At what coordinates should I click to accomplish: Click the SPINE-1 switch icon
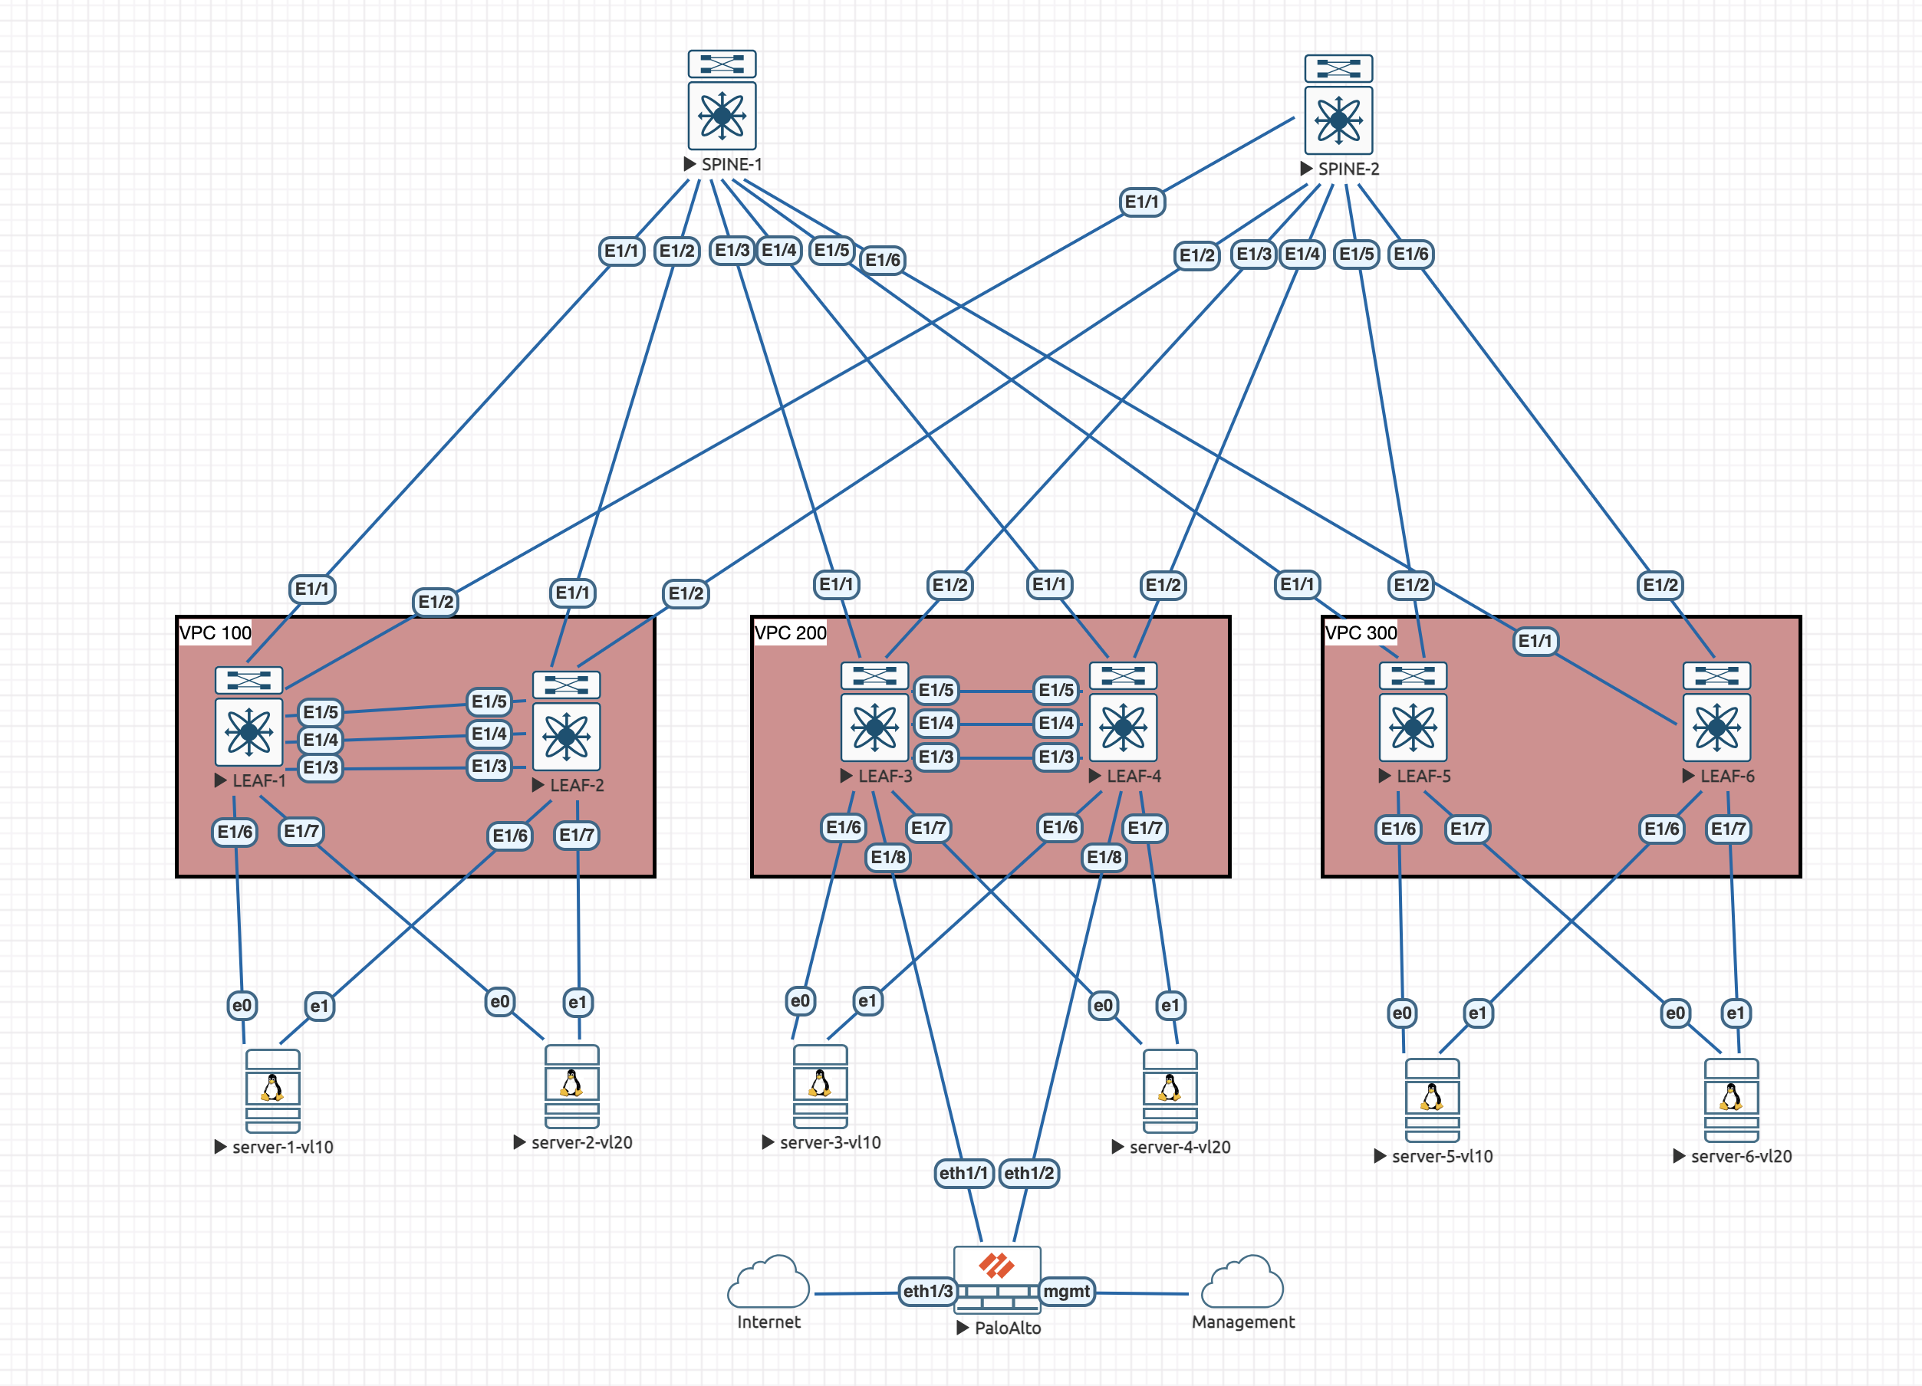(722, 100)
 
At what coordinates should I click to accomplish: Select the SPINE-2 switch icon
(1339, 104)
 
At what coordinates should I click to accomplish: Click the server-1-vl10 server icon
(273, 1091)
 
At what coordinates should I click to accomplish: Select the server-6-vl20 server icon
(1731, 1099)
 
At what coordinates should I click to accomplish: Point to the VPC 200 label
(790, 633)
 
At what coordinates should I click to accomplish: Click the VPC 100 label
(216, 633)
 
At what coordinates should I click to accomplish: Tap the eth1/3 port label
(928, 1291)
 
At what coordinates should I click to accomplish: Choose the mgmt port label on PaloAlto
(1066, 1291)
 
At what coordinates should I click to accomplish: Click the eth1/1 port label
(963, 1174)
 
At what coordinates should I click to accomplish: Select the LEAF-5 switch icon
(1413, 711)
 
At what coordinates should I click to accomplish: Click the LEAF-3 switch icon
(874, 711)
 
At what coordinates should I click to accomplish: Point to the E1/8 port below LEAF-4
(1104, 857)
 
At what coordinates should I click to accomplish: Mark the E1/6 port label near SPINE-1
(882, 260)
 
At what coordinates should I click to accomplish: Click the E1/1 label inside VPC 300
(1535, 640)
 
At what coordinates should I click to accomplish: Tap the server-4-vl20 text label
(1180, 1147)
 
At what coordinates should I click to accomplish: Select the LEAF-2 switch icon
(566, 721)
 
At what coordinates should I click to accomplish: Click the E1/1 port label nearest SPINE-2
(1141, 202)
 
